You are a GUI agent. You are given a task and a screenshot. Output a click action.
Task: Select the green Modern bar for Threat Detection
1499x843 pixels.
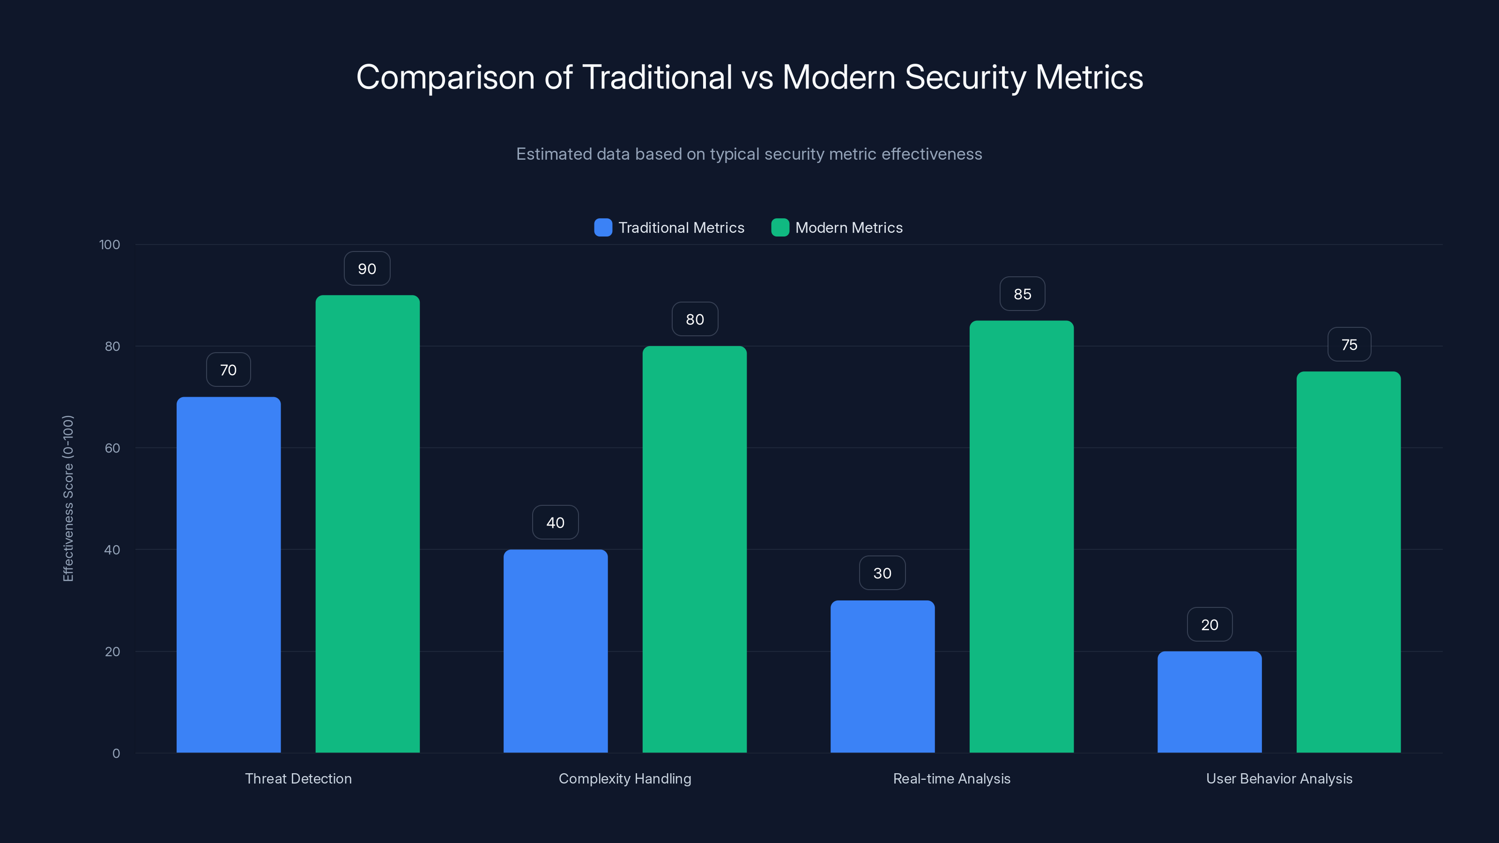[367, 524]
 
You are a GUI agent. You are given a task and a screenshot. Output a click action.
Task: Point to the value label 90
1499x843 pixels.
[367, 269]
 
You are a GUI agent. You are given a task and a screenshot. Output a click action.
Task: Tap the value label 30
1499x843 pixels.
[882, 573]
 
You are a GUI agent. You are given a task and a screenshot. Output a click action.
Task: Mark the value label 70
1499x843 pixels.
[228, 370]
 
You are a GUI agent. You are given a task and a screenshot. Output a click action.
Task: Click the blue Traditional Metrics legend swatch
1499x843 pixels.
[603, 228]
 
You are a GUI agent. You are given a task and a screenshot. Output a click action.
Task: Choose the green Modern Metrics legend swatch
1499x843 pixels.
[780, 228]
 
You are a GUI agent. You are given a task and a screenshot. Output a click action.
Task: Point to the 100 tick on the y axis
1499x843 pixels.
[110, 244]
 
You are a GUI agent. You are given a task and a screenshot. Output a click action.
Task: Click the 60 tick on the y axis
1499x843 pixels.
[112, 448]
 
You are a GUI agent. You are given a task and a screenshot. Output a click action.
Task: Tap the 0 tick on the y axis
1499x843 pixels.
[116, 754]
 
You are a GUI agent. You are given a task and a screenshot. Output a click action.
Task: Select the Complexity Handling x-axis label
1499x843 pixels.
[625, 778]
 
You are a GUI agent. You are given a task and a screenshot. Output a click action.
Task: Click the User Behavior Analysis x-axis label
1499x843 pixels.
[1279, 778]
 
